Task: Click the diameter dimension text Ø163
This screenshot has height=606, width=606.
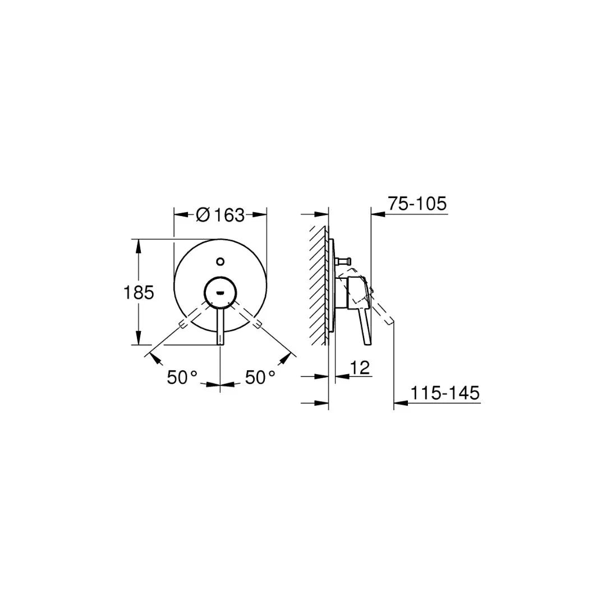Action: click(220, 214)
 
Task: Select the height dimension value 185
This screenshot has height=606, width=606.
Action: click(138, 292)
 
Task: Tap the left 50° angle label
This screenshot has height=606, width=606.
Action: click(182, 378)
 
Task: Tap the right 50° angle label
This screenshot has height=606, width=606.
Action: click(260, 378)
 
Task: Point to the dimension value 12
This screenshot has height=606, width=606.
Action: click(360, 368)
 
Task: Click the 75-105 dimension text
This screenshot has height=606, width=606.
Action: click(417, 204)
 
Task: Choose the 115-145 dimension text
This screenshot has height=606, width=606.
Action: click(445, 393)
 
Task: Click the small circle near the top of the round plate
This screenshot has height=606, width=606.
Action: click(221, 261)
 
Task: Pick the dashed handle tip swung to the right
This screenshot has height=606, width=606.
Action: click(258, 323)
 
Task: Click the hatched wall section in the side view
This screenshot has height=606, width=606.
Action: click(319, 286)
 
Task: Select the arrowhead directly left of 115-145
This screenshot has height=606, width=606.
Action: click(399, 402)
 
